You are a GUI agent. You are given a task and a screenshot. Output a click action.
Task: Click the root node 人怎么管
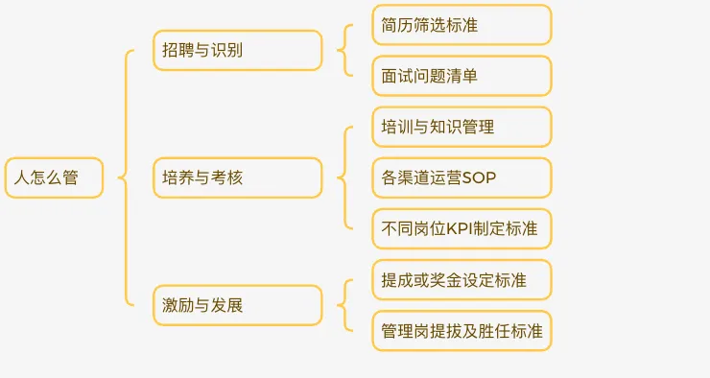coord(54,177)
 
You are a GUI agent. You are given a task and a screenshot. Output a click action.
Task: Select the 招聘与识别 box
coord(237,50)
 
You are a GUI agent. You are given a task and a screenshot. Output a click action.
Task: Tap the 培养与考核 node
coord(237,177)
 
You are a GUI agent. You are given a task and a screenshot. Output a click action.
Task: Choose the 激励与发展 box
coord(237,305)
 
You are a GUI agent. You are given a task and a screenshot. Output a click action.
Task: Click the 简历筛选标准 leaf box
coord(461,25)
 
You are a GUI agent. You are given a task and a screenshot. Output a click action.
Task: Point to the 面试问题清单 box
coord(461,76)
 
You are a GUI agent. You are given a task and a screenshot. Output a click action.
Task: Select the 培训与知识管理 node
coord(461,127)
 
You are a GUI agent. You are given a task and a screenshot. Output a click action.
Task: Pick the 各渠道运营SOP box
coord(461,177)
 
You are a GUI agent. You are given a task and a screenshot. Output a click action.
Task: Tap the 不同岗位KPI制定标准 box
coord(461,229)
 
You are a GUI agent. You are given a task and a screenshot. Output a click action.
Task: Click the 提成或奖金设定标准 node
coord(461,280)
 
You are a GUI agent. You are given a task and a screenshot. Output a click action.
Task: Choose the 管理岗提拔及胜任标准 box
coord(461,331)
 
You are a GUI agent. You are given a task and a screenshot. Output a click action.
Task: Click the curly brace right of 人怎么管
coord(124,177)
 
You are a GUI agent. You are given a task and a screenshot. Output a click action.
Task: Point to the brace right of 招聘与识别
coord(343,50)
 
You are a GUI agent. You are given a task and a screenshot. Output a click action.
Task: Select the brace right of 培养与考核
coord(343,177)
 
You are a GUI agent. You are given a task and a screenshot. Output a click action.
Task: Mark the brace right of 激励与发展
coord(343,305)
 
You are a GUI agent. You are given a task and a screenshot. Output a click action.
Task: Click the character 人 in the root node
coord(19,177)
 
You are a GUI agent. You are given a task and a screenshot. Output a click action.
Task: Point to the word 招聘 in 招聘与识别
coord(178,50)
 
